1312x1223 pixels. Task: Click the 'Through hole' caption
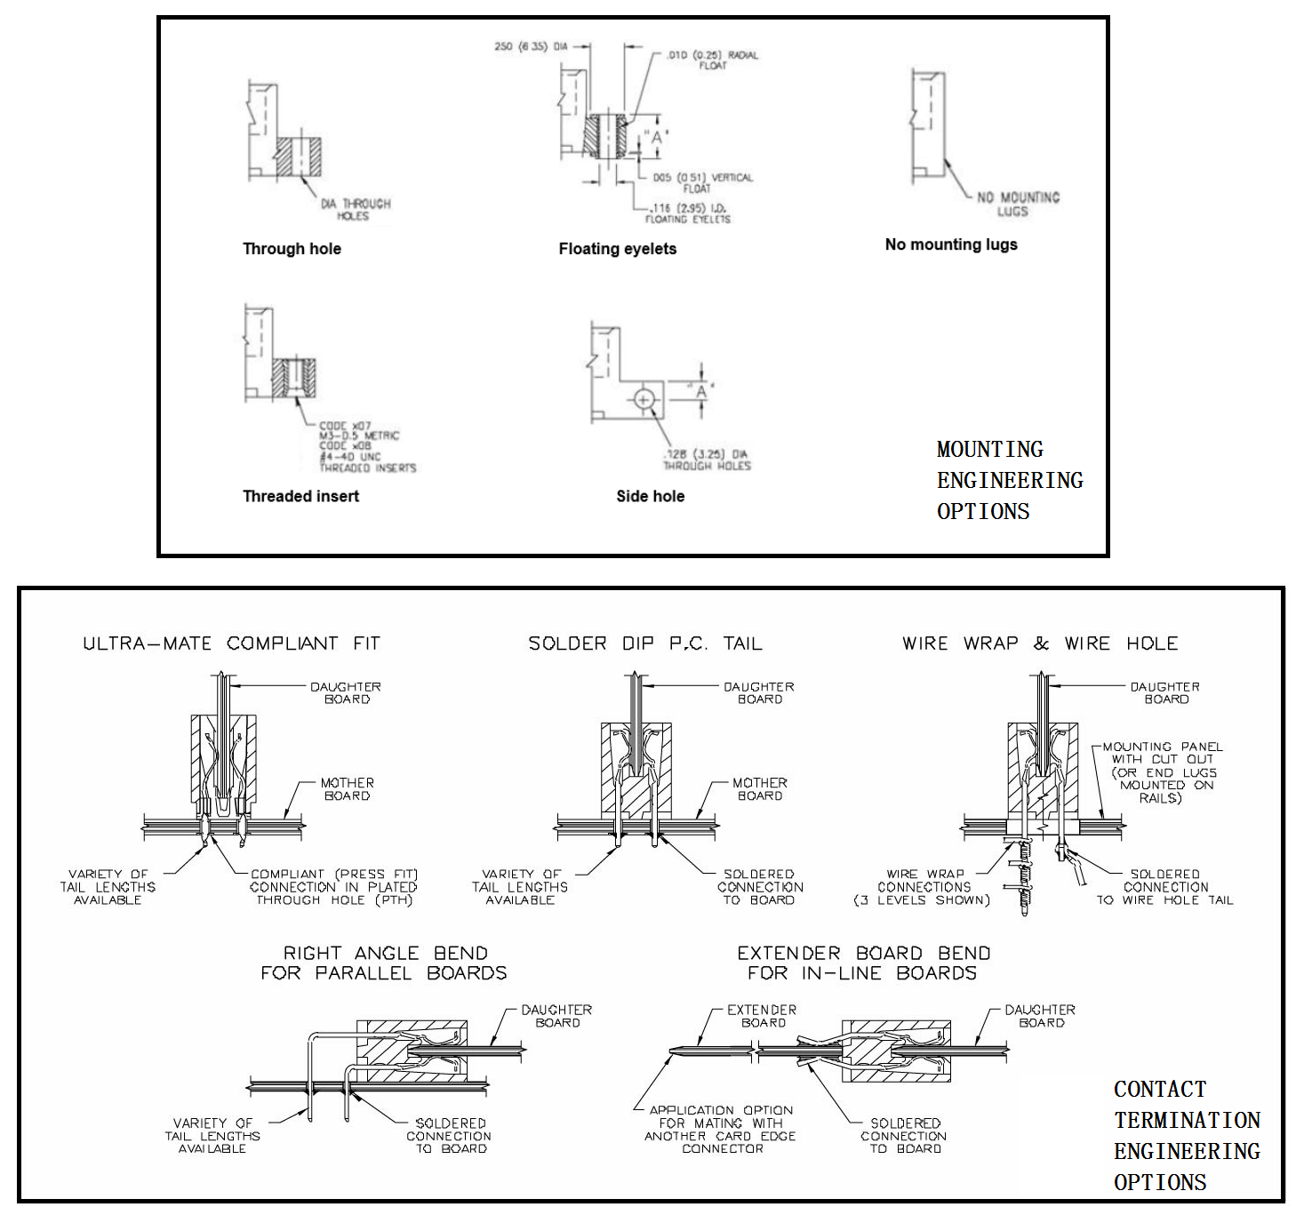tap(292, 249)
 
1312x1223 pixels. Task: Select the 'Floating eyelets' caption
tap(617, 249)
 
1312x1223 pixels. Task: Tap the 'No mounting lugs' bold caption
tap(951, 244)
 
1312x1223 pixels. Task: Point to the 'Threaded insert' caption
tap(300, 496)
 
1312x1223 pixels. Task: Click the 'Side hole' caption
tap(650, 496)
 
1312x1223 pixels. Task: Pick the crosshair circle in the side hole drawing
tap(644, 400)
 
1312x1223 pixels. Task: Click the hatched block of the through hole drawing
tap(298, 157)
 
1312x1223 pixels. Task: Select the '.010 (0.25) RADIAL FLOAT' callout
tap(712, 60)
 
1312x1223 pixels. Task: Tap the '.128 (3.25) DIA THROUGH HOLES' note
tap(707, 460)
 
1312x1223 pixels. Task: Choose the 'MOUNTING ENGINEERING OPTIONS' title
tap(1009, 480)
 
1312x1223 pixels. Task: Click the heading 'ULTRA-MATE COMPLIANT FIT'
tap(231, 643)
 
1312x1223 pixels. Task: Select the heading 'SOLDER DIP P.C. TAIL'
tap(645, 643)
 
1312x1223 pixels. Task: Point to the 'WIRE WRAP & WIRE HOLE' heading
tap(1040, 643)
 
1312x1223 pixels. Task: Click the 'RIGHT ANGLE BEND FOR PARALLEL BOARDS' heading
tap(384, 963)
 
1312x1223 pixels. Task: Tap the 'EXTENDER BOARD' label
tap(762, 1016)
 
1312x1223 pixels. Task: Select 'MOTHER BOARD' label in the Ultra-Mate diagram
tap(347, 789)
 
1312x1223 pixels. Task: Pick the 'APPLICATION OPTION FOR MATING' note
tap(721, 1129)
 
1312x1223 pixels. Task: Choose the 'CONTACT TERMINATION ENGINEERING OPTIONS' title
tap(1187, 1135)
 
